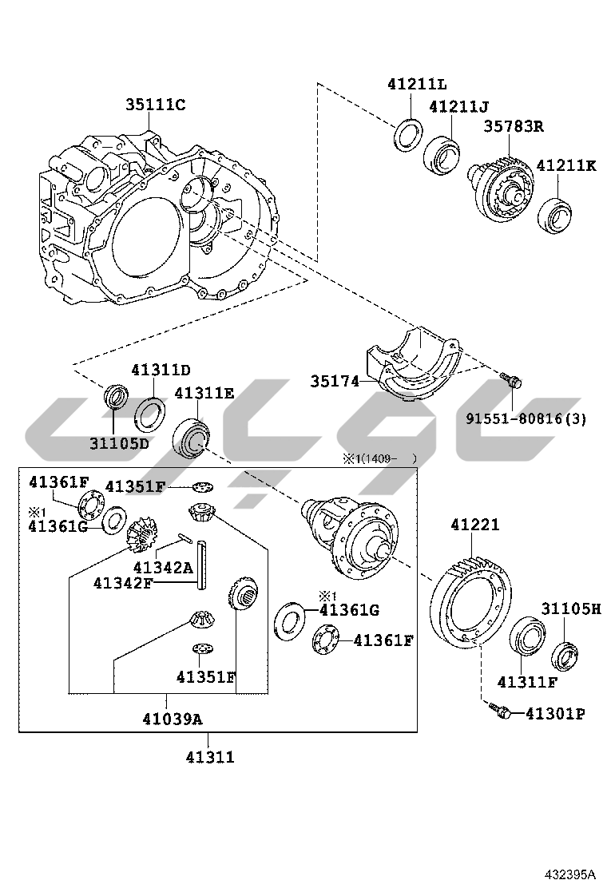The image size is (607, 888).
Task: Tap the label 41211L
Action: pyautogui.click(x=417, y=85)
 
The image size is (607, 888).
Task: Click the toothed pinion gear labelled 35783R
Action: pyautogui.click(x=501, y=188)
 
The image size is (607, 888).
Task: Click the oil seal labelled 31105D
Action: pyautogui.click(x=116, y=398)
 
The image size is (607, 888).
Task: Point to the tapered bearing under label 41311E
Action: pyautogui.click(x=192, y=435)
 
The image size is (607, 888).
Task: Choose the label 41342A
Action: pyautogui.click(x=163, y=567)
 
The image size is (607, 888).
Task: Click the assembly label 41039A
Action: pyautogui.click(x=173, y=718)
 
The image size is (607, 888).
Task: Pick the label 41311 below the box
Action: pyautogui.click(x=210, y=756)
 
